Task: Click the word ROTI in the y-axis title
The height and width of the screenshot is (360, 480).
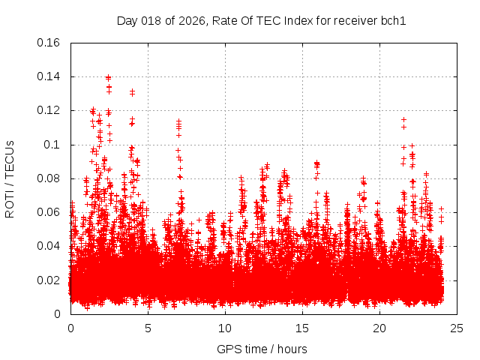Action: click(10, 203)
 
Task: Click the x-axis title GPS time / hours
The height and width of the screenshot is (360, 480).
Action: click(262, 349)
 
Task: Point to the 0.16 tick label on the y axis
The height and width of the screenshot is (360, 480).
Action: click(49, 43)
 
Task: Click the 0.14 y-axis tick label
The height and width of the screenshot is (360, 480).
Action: click(49, 76)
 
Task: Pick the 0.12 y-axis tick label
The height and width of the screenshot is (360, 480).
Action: click(49, 110)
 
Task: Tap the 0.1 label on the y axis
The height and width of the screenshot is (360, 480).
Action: click(53, 144)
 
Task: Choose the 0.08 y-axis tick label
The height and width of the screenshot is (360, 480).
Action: click(49, 178)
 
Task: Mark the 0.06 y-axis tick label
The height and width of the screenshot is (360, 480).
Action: click(49, 212)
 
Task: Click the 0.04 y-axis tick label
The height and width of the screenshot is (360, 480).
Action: click(49, 246)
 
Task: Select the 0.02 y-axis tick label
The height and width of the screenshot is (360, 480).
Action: click(49, 280)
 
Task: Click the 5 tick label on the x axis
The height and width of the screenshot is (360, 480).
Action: click(148, 328)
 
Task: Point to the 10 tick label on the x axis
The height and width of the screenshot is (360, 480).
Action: click(225, 328)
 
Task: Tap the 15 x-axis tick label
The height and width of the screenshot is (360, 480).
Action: click(302, 328)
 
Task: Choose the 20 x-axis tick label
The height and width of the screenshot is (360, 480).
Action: click(379, 328)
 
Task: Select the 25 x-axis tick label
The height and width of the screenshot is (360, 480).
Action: click(457, 328)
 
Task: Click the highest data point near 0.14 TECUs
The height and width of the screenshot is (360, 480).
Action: click(109, 77)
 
